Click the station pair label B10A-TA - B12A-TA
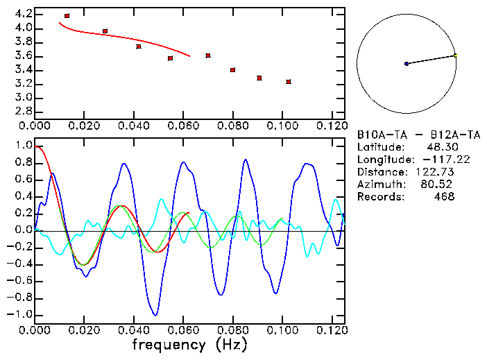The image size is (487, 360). (x=413, y=135)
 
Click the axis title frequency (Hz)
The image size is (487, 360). (x=188, y=345)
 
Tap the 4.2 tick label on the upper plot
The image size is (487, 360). (x=23, y=14)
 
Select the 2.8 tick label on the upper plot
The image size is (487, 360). (x=23, y=112)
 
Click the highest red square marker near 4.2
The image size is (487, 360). (x=67, y=16)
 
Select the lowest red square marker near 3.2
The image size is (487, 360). (x=289, y=82)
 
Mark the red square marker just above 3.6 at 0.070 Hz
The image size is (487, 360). (x=208, y=55)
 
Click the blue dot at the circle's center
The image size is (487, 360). (x=407, y=64)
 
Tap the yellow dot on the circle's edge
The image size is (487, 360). (x=455, y=55)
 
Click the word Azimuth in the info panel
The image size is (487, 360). (x=379, y=185)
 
